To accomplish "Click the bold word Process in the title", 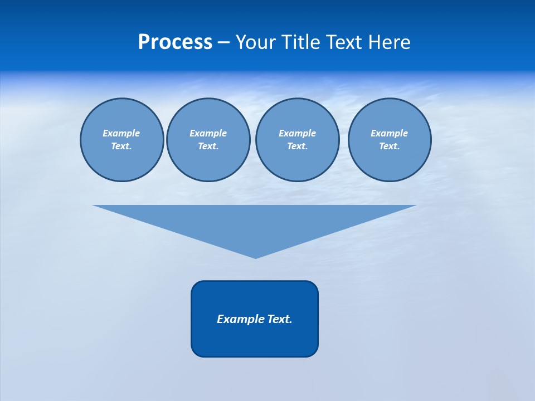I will (x=175, y=42).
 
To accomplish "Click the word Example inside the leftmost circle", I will (x=121, y=133).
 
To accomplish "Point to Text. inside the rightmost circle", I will (x=389, y=146).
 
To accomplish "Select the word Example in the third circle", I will (x=297, y=133).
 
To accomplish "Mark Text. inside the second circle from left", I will (x=208, y=146).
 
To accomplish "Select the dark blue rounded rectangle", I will (x=255, y=340).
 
